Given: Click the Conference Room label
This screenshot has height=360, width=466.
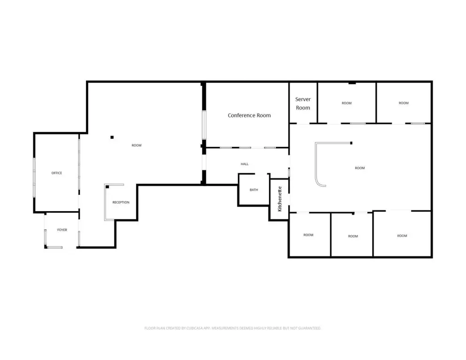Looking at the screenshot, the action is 249,115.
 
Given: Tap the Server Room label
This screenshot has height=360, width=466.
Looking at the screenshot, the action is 303,103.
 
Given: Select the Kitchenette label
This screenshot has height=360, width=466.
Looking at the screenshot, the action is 280,199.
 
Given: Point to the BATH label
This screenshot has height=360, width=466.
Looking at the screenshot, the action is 254,190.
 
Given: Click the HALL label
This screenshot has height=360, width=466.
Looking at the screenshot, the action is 244,164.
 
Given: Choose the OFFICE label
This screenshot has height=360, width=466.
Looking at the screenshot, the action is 57,173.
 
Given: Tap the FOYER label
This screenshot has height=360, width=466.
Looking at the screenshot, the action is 62,230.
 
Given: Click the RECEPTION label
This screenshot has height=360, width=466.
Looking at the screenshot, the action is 121,202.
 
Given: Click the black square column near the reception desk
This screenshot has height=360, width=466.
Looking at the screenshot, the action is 107,187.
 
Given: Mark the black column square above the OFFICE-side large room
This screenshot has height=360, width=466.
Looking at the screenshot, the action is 112,137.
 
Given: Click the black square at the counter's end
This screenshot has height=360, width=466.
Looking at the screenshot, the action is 351,143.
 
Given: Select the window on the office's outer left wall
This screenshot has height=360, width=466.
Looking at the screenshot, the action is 34,177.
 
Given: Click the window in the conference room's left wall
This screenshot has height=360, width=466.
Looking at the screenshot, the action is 204,125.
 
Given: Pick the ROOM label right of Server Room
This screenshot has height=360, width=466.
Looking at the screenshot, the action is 346,103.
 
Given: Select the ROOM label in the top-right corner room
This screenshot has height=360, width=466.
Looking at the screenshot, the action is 404,103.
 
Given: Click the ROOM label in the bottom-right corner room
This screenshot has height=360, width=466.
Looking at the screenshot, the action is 402,236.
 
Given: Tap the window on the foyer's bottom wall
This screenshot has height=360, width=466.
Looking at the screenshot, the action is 55,247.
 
